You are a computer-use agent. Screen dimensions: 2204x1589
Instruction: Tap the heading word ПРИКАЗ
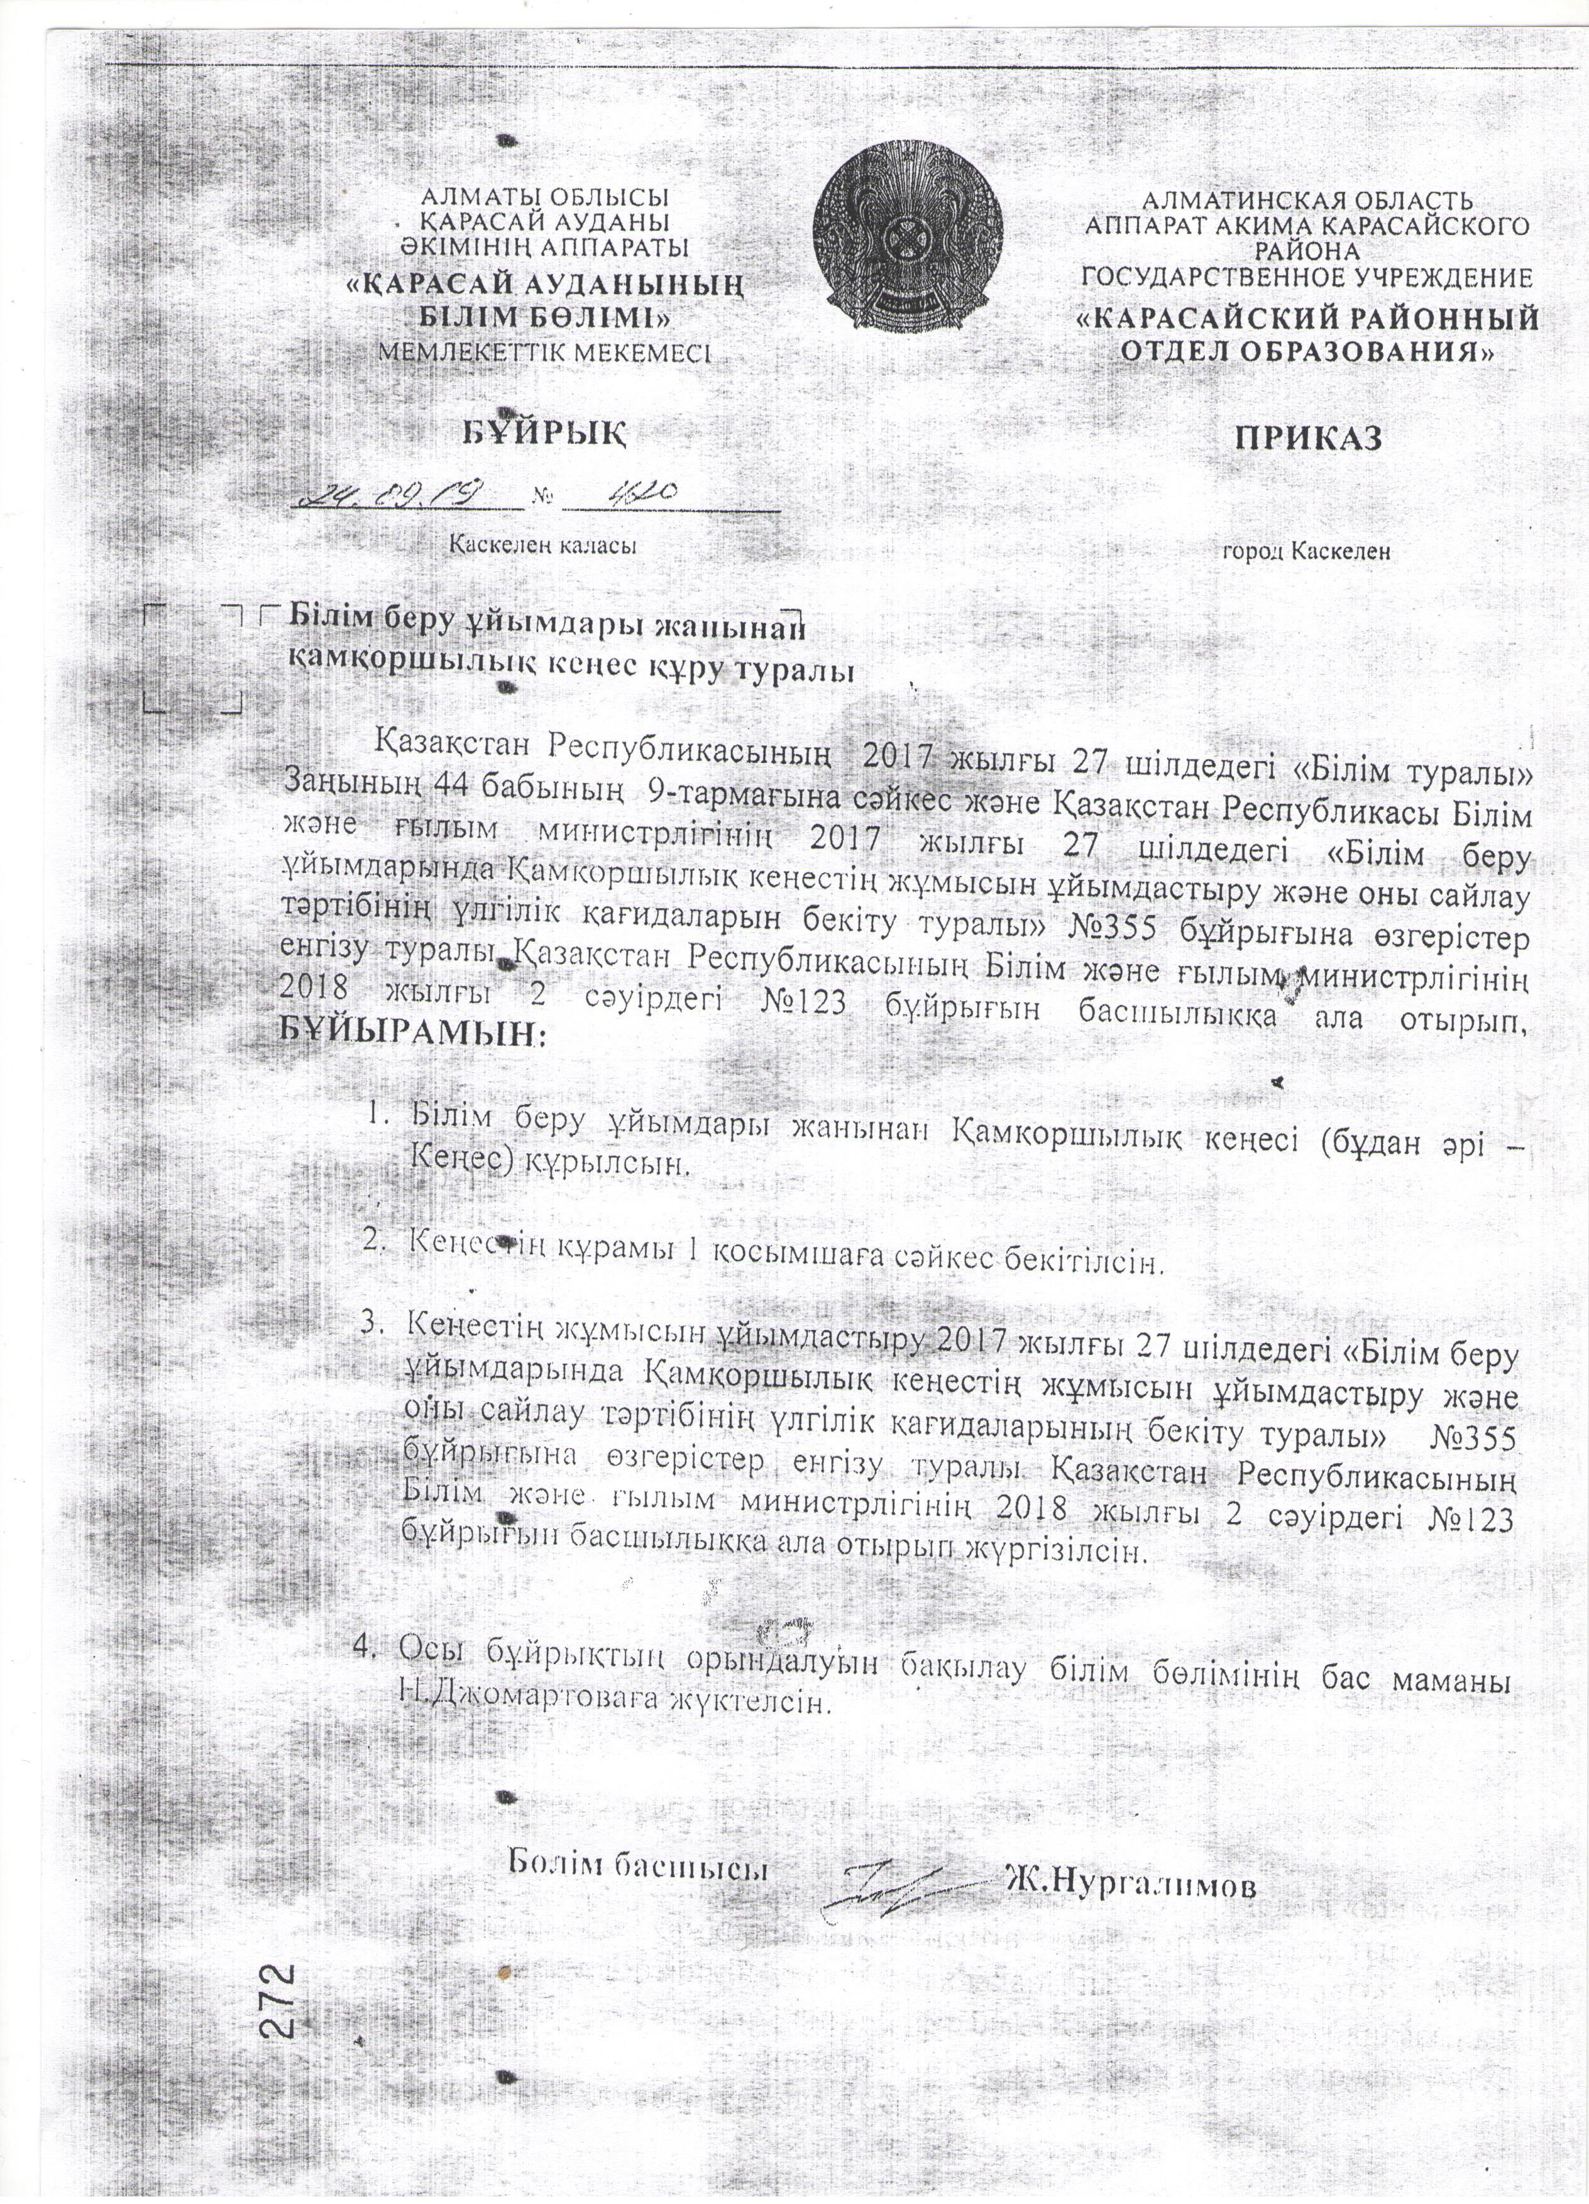coord(1307,437)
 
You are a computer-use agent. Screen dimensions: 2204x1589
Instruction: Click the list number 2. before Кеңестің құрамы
coord(375,1240)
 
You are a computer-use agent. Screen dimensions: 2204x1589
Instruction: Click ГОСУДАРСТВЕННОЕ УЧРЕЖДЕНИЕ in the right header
coord(1307,279)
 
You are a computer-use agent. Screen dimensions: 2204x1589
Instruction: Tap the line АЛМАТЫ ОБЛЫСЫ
coord(543,197)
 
